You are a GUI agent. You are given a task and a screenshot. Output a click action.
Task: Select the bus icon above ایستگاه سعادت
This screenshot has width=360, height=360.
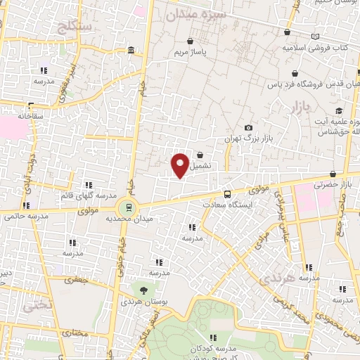pyautogui.click(x=227, y=193)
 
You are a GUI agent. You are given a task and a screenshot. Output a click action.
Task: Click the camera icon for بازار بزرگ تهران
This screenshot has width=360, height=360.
pyautogui.click(x=248, y=127)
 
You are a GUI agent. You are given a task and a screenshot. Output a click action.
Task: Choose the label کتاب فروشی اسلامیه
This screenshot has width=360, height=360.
pyautogui.click(x=311, y=49)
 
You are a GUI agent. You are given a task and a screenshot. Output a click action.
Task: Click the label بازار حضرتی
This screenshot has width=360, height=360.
pyautogui.click(x=336, y=184)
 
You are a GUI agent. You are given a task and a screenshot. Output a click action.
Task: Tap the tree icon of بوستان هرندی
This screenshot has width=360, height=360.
pyautogui.click(x=143, y=289)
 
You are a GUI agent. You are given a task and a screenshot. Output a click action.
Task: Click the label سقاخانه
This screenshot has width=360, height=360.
pyautogui.click(x=31, y=115)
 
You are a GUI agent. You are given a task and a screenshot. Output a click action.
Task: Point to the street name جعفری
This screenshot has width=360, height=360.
pyautogui.click(x=75, y=280)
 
